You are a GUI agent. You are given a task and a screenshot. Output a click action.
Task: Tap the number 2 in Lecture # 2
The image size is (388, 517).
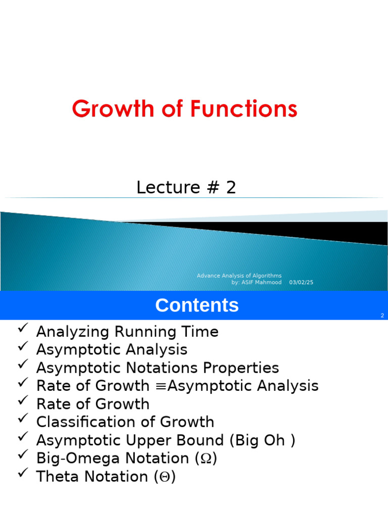coord(231,188)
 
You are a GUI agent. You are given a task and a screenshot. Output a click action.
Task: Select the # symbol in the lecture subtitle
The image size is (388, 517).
coord(212,188)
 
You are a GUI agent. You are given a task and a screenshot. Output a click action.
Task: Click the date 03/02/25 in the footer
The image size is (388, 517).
coord(301,283)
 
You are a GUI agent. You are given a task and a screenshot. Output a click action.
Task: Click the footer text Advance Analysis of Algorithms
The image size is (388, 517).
coord(239,276)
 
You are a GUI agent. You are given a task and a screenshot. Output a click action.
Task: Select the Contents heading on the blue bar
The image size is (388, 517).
coord(197,305)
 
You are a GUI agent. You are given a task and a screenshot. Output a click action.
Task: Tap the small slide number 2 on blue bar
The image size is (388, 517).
coord(382,316)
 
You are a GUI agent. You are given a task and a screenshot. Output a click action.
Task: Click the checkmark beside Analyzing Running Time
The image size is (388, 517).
coord(22,329)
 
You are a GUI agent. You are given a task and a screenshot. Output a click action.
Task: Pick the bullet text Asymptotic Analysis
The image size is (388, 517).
coord(112,350)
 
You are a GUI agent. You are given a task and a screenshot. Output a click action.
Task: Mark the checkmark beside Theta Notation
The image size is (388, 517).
coord(22,474)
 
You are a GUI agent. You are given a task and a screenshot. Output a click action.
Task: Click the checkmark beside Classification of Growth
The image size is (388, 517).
coord(22,420)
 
